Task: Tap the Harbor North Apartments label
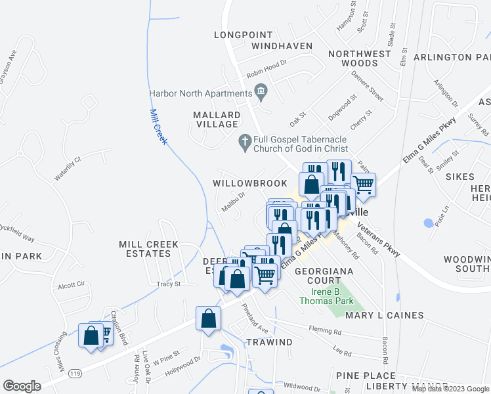tap(201, 94)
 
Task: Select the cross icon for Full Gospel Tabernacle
tap(244, 142)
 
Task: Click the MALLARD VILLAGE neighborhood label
tap(216, 120)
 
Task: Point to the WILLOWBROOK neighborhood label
tap(249, 183)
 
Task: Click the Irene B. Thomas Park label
tap(326, 296)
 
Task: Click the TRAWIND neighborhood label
tap(269, 342)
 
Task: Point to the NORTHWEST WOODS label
tap(352, 58)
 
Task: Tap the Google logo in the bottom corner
tap(22, 386)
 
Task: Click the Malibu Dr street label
tap(232, 201)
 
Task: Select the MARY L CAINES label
tap(384, 315)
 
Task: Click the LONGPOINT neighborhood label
tap(243, 35)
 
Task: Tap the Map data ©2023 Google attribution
tap(450, 389)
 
